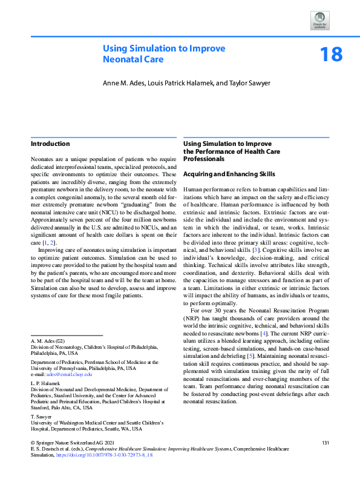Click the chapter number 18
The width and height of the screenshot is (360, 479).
coord(331,54)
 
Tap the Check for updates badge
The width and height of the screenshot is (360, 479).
coord(320,21)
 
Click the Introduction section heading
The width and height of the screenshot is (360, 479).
coord(50,144)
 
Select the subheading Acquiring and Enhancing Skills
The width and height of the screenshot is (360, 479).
coord(229,174)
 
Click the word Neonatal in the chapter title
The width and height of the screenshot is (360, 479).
coord(119,59)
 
